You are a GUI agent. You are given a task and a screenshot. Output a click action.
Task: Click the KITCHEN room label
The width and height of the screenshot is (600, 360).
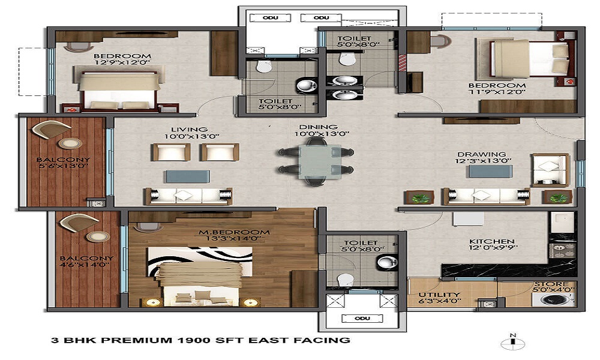point(492,241)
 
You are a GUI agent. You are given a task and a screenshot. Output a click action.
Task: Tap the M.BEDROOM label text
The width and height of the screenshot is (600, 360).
point(234,232)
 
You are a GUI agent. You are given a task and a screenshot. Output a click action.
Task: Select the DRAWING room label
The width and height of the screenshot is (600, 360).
point(481,154)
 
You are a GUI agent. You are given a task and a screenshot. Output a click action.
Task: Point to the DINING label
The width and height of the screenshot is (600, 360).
point(319,127)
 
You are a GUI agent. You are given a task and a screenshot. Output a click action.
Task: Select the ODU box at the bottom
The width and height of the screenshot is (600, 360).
point(362,318)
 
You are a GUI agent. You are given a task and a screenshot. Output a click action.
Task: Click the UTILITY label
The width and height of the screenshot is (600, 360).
point(439,295)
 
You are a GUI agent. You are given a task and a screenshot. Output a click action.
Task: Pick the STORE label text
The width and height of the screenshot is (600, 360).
point(551,284)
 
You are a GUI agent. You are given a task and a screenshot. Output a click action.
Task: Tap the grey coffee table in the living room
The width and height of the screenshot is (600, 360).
point(187,176)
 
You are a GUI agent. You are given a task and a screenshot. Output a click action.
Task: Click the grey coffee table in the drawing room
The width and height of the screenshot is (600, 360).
point(490,171)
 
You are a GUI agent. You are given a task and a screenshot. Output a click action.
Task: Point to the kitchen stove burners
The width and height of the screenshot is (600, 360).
point(562,251)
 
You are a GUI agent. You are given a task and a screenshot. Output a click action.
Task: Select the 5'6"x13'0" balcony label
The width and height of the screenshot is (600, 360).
point(63,166)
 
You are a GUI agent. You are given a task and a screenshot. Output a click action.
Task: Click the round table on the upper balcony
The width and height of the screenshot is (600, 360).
point(70,143)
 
